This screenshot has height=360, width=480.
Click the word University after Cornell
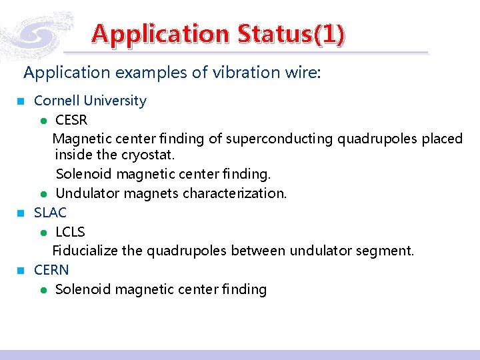pyautogui.click(x=114, y=101)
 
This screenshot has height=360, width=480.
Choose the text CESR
pyautogui.click(x=71, y=120)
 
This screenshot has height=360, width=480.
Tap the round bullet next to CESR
pyautogui.click(x=42, y=121)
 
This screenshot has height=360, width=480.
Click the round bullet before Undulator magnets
pyautogui.click(x=42, y=195)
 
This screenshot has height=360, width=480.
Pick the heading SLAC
pyautogui.click(x=51, y=212)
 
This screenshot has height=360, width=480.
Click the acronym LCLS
pyautogui.click(x=70, y=231)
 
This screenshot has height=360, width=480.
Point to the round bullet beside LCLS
pyautogui.click(x=42, y=233)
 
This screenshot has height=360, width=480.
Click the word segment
pyautogui.click(x=388, y=251)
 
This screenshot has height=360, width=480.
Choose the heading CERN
pyautogui.click(x=51, y=270)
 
